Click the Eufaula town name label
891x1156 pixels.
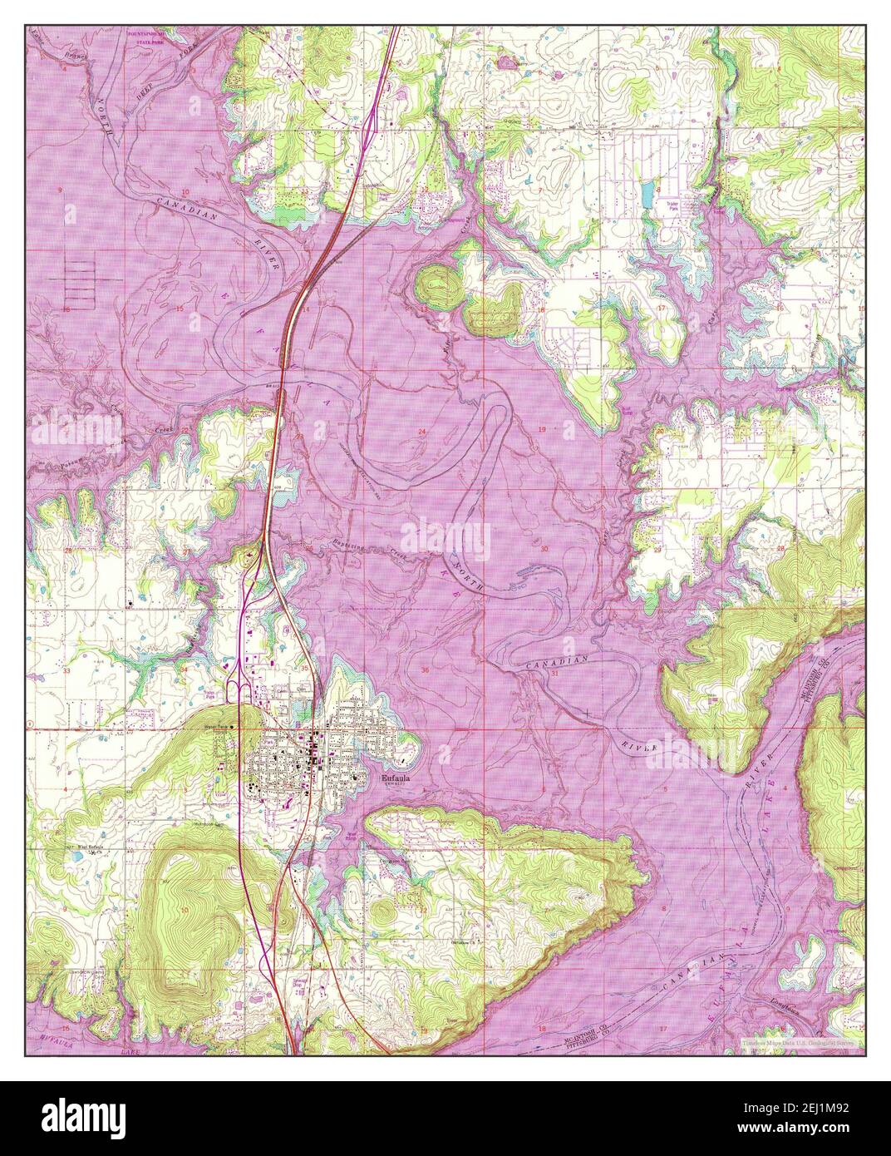coord(395,779)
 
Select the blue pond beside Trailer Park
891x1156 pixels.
coord(645,195)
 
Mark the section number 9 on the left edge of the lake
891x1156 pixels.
coord(59,191)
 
